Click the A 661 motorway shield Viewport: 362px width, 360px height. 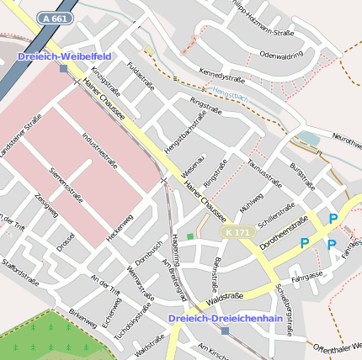click(x=55, y=17)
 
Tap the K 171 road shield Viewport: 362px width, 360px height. click(x=237, y=231)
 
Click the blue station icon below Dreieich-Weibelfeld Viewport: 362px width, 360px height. click(x=63, y=68)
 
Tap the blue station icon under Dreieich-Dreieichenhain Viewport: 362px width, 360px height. click(x=225, y=331)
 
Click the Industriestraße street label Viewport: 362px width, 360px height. click(x=99, y=149)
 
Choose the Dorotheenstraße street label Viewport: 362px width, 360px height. click(x=284, y=235)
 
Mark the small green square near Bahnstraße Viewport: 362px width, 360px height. click(x=190, y=236)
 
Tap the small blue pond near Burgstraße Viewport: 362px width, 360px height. click(x=309, y=138)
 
